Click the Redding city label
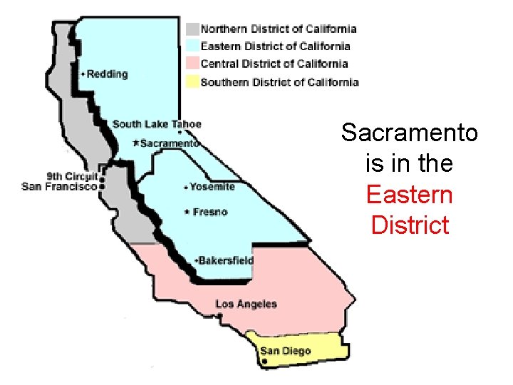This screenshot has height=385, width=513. (107, 74)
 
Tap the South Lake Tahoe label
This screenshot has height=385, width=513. (157, 124)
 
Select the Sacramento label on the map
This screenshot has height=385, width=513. (169, 143)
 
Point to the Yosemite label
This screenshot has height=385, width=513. (212, 187)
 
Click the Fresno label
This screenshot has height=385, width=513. (209, 212)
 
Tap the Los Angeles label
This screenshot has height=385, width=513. (246, 304)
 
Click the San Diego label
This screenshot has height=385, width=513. (285, 351)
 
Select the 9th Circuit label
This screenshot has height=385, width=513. (72, 176)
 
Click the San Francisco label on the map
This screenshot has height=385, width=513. (59, 187)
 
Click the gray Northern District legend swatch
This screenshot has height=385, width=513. (192, 29)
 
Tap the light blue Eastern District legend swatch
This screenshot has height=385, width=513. (192, 46)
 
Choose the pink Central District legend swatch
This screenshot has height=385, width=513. (192, 64)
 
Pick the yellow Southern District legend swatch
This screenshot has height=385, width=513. (192, 82)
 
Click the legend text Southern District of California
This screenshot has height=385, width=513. (279, 82)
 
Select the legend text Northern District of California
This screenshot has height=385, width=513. (279, 29)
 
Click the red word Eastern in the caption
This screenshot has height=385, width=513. (409, 195)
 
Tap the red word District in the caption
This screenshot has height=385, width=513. (410, 225)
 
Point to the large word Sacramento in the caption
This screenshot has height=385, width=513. (410, 133)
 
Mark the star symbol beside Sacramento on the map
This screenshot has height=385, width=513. (136, 143)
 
